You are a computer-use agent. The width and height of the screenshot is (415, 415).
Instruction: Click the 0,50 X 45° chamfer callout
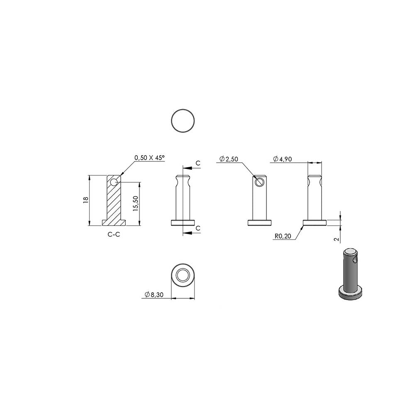point(149,158)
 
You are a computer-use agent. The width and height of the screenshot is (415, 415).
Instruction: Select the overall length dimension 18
point(85,200)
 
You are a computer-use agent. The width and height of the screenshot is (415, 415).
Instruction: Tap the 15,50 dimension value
point(136,203)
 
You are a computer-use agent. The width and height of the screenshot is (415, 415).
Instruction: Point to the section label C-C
point(114,234)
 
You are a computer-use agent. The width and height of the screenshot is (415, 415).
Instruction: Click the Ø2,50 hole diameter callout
point(229,159)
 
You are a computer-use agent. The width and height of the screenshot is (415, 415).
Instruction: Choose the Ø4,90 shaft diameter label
point(282,159)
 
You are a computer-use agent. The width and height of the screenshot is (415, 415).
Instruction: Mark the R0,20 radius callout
point(283,236)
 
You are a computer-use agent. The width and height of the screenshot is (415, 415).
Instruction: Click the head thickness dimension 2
point(337,239)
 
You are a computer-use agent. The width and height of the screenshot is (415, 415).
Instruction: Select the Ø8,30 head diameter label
point(154,295)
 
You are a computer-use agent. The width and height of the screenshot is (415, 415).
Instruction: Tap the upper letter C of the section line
point(198,163)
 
